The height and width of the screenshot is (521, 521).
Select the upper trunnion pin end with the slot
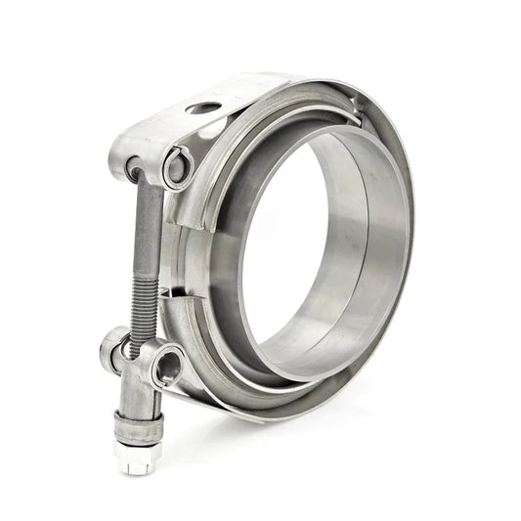pyautogui.click(x=178, y=166)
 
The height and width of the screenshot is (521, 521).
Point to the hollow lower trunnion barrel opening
pyautogui.click(x=167, y=368)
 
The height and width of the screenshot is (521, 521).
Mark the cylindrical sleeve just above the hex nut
pyautogui.click(x=137, y=425)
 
